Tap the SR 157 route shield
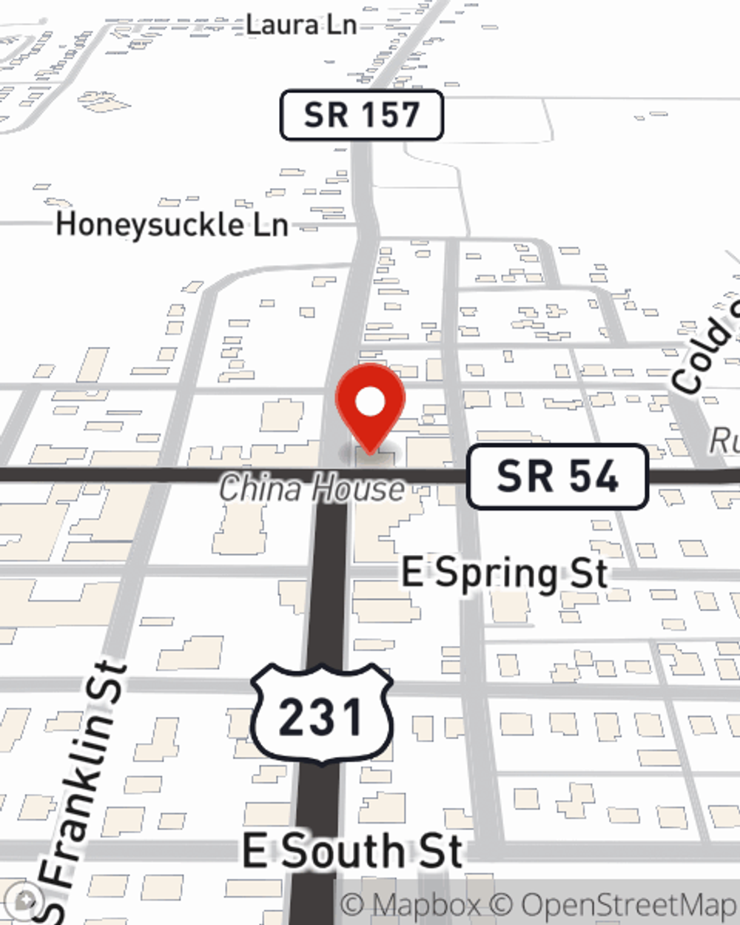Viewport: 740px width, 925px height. [361, 115]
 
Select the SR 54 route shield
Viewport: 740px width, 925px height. [558, 476]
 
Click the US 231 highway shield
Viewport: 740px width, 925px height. [321, 715]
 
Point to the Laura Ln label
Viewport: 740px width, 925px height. [300, 24]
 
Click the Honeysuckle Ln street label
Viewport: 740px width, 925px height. [172, 224]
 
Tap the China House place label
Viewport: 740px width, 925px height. [312, 489]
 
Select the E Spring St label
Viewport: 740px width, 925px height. [505, 573]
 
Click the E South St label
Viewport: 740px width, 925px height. [352, 851]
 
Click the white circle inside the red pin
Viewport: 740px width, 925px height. [370, 403]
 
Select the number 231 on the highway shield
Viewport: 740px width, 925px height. [321, 716]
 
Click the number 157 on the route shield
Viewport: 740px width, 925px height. [391, 115]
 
